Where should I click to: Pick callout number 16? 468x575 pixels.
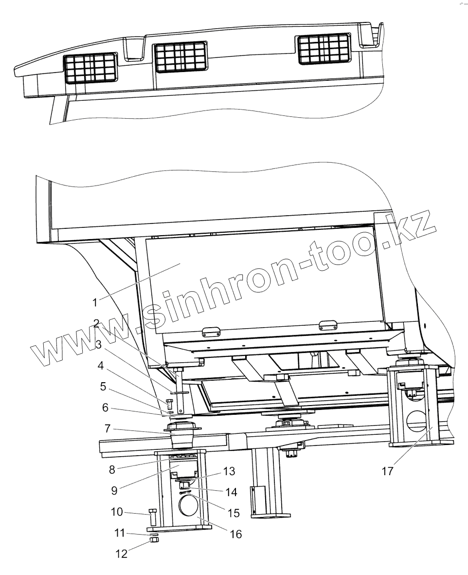pos(235,534)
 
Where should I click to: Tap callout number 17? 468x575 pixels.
pos(387,472)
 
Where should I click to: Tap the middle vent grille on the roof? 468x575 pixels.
pos(180,57)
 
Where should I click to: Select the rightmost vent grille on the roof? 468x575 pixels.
pos(324,49)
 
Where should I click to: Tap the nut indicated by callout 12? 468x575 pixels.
pos(153,542)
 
